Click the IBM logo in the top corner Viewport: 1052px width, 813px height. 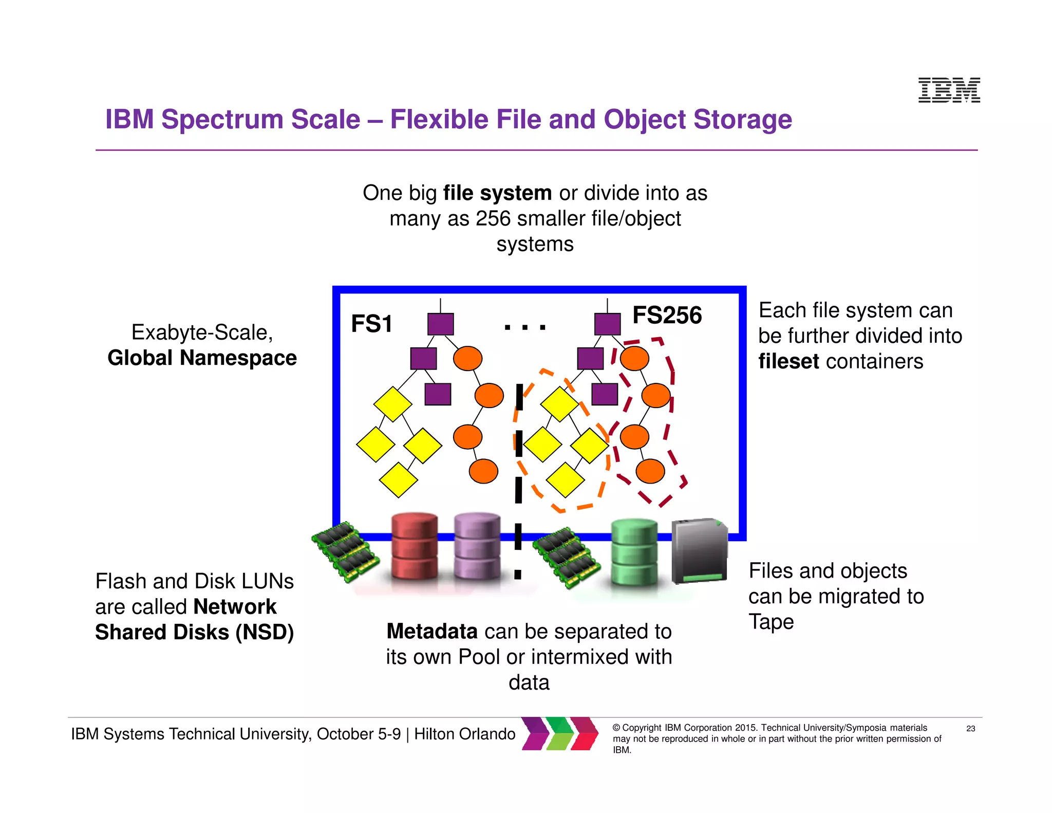949,90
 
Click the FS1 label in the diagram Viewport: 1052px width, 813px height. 371,324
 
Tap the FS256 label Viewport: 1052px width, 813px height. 667,315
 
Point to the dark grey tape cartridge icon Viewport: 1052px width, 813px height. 700,551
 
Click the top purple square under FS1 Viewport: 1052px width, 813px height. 441,324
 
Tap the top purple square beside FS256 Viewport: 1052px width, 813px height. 607,324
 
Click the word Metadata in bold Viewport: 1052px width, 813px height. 432,631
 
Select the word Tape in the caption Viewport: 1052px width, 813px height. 771,622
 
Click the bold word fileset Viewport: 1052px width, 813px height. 788,361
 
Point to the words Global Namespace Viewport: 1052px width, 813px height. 202,358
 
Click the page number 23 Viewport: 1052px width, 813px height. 970,728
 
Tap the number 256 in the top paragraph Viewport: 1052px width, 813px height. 493,218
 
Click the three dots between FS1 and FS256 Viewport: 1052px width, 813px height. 524,327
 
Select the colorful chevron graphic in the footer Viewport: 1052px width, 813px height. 560,733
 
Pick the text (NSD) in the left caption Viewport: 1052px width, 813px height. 265,632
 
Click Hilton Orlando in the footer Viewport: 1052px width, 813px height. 464,734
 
